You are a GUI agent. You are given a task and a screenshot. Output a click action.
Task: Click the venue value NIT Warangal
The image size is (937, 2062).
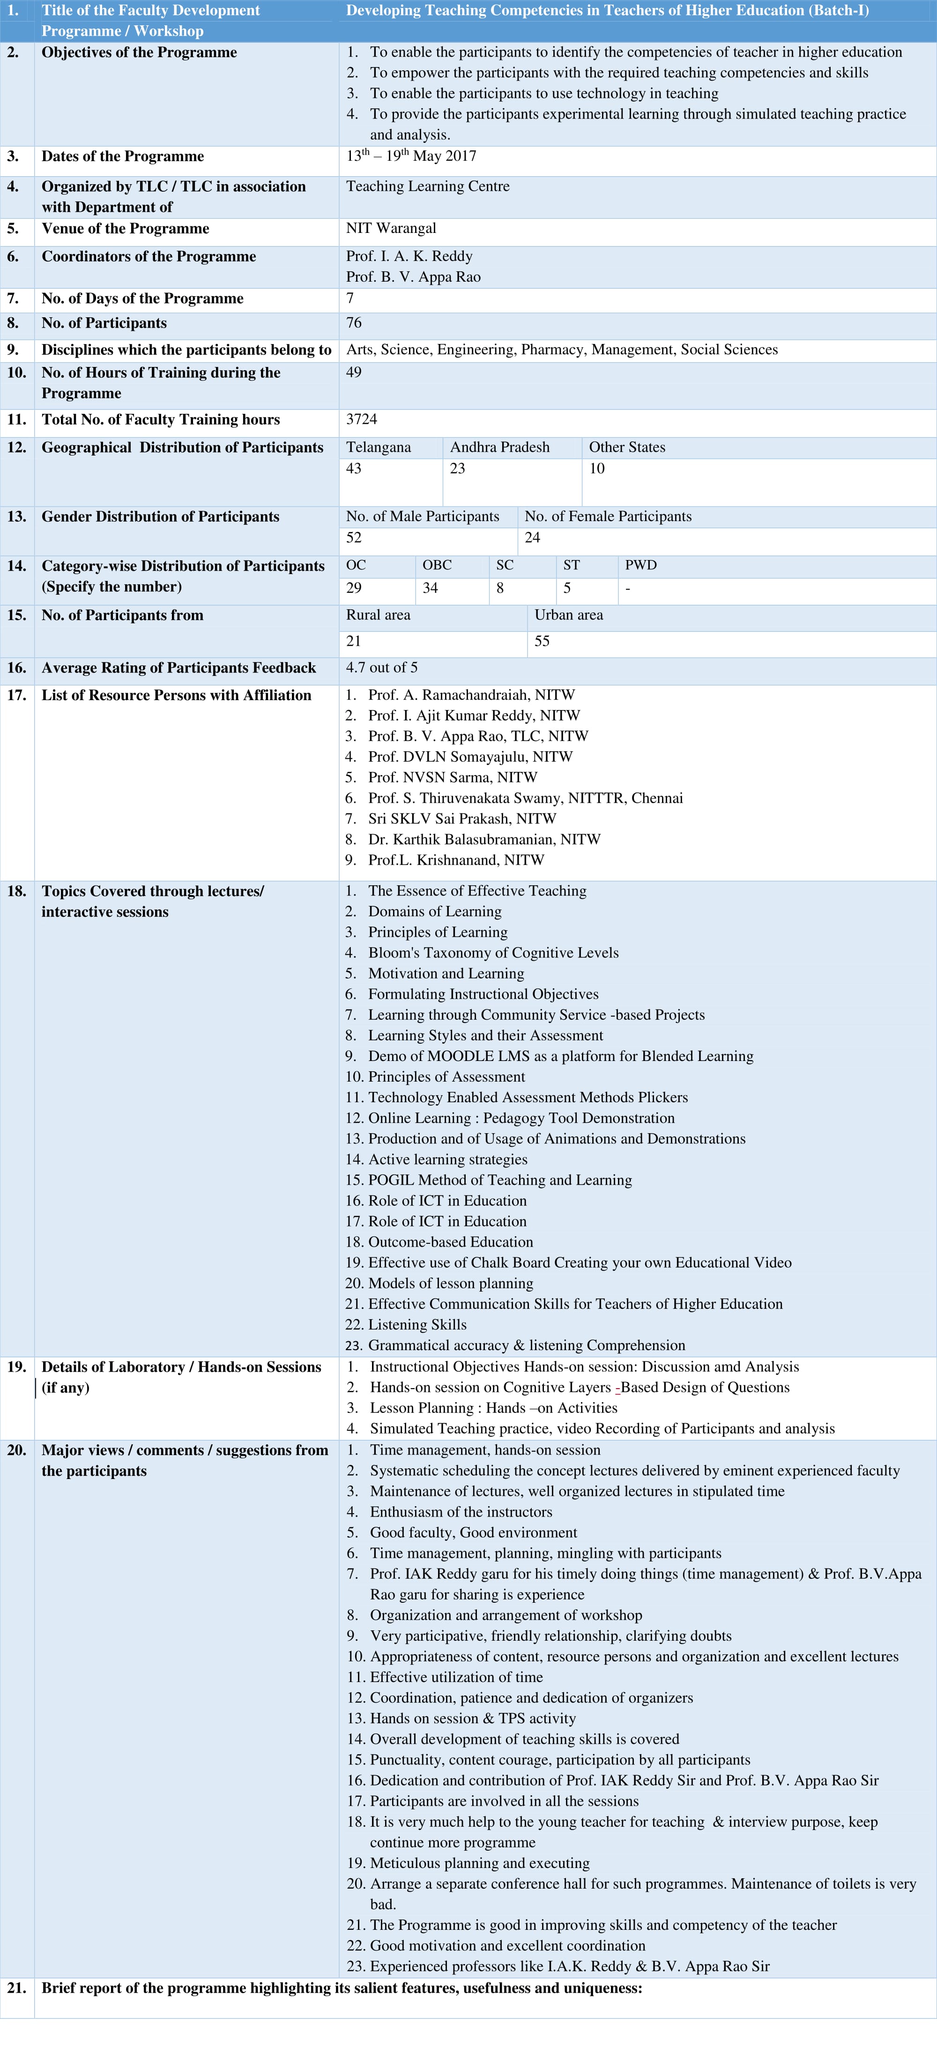pos(391,228)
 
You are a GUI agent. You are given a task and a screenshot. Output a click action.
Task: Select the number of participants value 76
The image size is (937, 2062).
pos(354,322)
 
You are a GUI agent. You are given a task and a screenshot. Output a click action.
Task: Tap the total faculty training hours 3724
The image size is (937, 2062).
pos(362,419)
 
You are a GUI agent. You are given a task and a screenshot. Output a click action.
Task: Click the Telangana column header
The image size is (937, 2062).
pos(379,447)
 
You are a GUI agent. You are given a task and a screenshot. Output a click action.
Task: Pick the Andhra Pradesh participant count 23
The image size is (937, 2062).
pos(458,468)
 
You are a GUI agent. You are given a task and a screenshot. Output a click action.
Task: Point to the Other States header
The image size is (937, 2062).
pos(627,447)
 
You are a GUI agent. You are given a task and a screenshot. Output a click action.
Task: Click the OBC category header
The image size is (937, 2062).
pos(437,565)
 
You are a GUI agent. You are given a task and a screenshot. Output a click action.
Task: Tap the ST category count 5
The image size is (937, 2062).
pos(567,588)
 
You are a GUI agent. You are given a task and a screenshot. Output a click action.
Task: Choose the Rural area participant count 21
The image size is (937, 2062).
pos(354,641)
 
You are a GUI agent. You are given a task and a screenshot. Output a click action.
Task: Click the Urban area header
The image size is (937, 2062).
pos(569,615)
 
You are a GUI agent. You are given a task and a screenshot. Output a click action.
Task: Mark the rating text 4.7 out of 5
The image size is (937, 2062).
pos(382,668)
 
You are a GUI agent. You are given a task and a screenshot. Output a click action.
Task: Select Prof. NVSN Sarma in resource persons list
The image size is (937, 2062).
pos(452,777)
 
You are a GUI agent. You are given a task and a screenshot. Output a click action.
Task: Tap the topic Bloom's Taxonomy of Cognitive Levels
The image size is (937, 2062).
pos(493,953)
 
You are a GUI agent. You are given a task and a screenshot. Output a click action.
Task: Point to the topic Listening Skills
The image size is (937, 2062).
pos(417,1325)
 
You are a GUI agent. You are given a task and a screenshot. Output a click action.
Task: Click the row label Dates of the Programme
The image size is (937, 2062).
pos(122,156)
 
